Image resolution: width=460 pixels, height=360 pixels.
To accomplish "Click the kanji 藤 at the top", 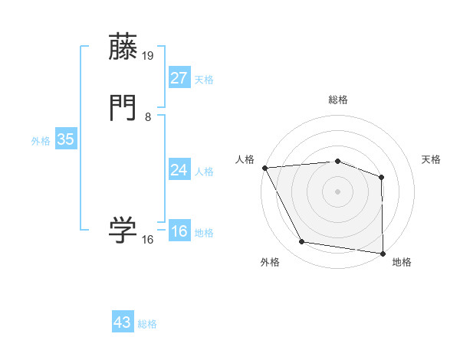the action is pos(123,47).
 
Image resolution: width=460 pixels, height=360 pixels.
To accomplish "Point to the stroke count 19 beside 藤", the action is pos(149,56).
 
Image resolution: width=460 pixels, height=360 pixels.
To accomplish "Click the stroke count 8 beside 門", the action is pos(148,117).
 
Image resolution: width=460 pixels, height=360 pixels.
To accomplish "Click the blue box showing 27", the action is pos(179,77).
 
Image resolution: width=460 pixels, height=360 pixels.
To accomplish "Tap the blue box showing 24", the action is pos(179,169).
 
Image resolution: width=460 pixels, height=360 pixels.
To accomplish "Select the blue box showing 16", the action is pos(179,231).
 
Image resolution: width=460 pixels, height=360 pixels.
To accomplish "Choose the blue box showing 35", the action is pos(66,139).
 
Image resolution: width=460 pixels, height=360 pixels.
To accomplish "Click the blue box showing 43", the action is pos(123,322).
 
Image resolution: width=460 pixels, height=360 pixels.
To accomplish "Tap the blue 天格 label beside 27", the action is pos(204,80).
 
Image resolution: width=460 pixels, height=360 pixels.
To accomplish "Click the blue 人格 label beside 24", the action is pos(204,172).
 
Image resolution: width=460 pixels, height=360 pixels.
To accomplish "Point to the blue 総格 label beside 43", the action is pos(147,324).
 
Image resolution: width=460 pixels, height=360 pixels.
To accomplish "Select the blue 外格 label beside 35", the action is pos(41,142).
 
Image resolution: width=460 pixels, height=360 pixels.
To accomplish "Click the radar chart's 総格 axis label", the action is pos(338,100).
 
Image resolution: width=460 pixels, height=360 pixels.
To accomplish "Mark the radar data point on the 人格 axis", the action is pos(264,167).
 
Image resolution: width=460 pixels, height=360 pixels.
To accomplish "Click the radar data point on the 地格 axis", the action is pos(383,253).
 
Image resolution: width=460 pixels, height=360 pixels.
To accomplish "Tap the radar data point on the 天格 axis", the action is pos(382,177).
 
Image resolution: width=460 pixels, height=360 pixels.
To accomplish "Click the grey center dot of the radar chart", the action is pos(338,191).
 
